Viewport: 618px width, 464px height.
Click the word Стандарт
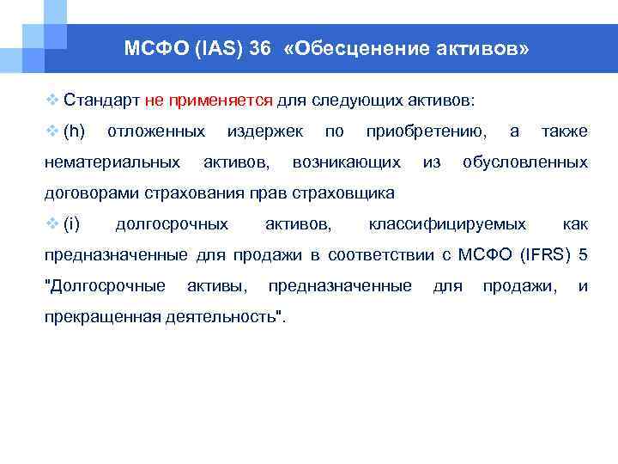pos(102,100)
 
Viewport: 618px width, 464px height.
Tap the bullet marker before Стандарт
pos(51,100)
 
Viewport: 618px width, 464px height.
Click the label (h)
pos(75,131)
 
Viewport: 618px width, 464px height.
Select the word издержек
pos(264,131)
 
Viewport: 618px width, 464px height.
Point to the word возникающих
pos(346,162)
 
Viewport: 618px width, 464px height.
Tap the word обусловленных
pos(525,162)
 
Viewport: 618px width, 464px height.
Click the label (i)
pos(72,224)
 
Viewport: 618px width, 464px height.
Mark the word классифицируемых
pos(447,224)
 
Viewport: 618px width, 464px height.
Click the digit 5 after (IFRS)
pos(584,255)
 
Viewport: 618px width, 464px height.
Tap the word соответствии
pos(380,255)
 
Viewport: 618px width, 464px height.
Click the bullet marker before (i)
pos(51,224)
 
